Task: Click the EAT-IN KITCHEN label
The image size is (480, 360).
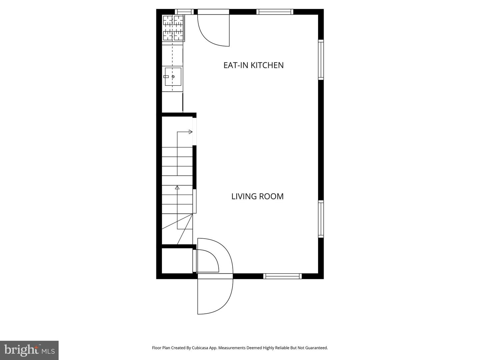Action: click(253, 65)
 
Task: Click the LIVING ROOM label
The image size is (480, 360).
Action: click(257, 196)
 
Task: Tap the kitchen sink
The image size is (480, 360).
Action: click(173, 77)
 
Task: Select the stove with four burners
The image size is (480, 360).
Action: click(173, 28)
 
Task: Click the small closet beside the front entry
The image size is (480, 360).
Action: click(177, 260)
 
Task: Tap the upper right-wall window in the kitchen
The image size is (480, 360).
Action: click(321, 60)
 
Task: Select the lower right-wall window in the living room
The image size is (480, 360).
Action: click(321, 219)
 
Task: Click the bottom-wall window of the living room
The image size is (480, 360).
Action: click(282, 276)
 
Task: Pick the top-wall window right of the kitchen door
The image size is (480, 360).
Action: click(275, 12)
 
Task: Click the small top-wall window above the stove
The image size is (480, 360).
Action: click(184, 12)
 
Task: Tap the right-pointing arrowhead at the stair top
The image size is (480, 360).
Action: click(191, 132)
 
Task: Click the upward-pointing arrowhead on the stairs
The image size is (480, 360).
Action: click(177, 188)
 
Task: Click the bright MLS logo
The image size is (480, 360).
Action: click(29, 350)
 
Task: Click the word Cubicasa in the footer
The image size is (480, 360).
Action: click(200, 348)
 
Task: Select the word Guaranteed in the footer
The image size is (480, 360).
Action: click(317, 348)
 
